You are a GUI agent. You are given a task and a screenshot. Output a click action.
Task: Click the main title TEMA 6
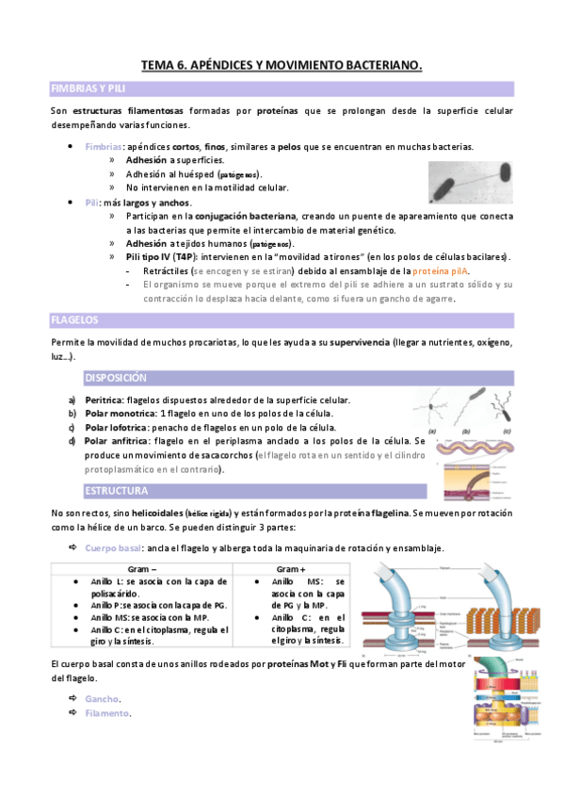coord(282,65)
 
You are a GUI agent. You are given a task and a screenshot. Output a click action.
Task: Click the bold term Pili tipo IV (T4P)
coord(161,257)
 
